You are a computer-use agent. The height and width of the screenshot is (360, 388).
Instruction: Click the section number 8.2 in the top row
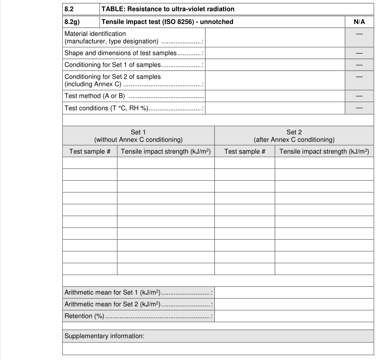[x=69, y=9]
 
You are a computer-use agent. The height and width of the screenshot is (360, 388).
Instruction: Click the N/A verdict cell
[x=359, y=22]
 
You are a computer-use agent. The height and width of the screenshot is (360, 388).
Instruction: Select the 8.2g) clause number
[x=72, y=22]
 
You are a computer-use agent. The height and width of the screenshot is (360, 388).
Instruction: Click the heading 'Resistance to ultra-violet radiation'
[x=168, y=9]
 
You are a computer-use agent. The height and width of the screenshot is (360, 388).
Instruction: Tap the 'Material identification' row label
[x=95, y=34]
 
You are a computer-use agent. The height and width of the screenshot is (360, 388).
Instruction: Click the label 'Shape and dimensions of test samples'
[x=120, y=53]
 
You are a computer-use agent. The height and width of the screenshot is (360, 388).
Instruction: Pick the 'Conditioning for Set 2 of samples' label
[x=112, y=77]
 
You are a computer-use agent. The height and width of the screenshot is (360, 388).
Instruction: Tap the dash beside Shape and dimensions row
[x=359, y=53]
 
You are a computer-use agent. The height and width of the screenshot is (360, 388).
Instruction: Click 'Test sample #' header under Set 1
[x=90, y=152]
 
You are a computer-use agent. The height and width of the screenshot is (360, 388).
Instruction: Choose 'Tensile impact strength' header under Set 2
[x=324, y=152]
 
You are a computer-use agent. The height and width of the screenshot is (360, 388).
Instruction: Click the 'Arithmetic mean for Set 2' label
[x=112, y=305]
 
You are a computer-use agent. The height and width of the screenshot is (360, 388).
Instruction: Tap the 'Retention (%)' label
[x=84, y=316]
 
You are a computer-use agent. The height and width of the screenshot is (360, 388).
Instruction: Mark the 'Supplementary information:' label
[x=104, y=336]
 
